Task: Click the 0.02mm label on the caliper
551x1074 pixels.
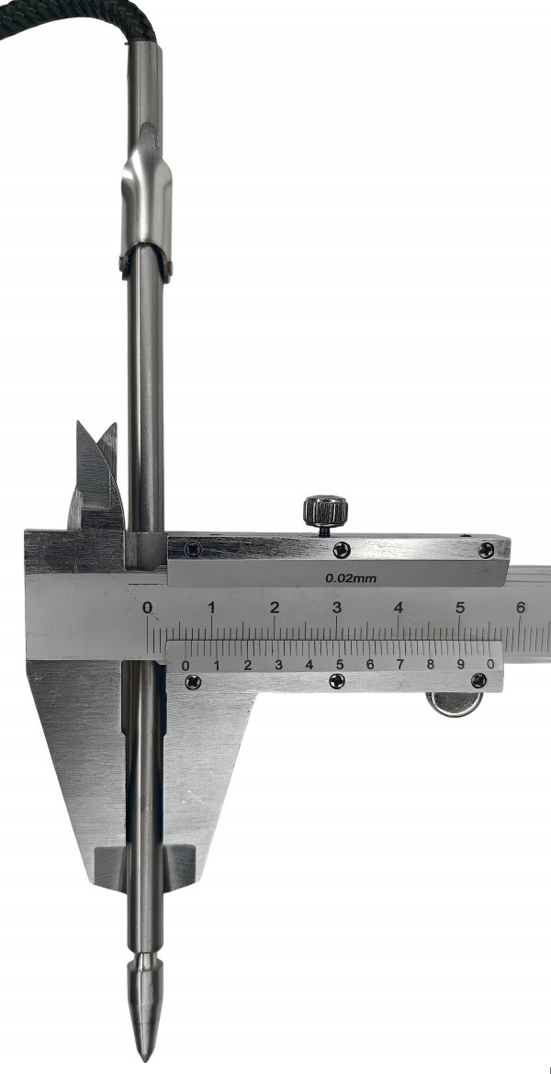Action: click(351, 578)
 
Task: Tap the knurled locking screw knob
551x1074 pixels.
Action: click(325, 509)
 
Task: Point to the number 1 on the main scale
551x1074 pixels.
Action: click(212, 607)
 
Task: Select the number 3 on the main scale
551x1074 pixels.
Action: click(336, 607)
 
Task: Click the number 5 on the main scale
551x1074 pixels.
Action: click(460, 607)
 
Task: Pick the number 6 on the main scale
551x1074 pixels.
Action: click(521, 607)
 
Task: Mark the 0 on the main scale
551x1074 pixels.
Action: click(147, 607)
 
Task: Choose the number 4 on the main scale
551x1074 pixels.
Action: click(399, 607)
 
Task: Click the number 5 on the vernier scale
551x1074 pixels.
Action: click(339, 664)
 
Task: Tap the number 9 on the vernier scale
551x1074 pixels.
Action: click(460, 664)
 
